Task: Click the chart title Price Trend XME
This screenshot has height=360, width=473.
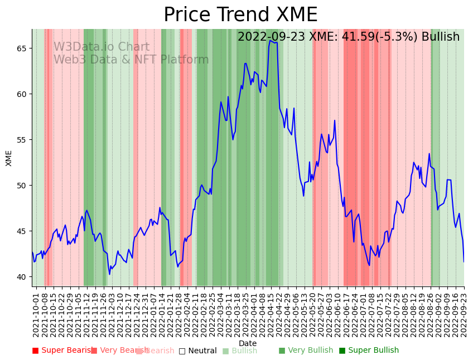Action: (240, 15)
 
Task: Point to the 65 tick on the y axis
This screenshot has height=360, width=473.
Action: (21, 48)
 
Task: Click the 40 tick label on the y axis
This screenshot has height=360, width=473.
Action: (21, 277)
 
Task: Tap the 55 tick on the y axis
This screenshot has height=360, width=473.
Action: (21, 140)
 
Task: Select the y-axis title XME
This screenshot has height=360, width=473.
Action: (9, 158)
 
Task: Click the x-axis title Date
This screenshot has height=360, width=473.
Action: (248, 343)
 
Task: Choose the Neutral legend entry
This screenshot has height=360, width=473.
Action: (197, 351)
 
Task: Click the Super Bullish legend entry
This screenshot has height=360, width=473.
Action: (369, 351)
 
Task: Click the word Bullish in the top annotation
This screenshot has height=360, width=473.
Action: (441, 37)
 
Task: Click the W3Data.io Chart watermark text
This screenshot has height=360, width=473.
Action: (101, 47)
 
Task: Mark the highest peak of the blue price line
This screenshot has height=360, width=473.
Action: (271, 40)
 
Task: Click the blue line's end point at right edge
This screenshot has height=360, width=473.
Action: (464, 261)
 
